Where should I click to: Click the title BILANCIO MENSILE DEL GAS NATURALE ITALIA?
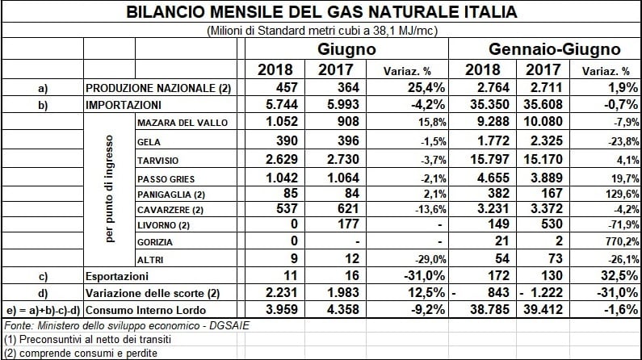321,11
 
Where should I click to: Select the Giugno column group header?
346,49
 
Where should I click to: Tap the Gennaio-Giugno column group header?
554,49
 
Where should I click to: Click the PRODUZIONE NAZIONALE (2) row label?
158,88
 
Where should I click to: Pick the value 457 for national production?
286,87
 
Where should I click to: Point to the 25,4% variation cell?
426,87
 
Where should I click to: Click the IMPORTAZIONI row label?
124,105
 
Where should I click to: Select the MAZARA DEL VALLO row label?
183,123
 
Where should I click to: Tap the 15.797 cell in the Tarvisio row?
489,159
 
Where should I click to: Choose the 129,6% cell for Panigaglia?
623,194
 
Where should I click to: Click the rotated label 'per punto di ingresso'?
109,189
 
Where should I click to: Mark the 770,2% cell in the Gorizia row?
623,241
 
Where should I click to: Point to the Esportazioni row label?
116,277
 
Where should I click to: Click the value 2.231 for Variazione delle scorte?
282,292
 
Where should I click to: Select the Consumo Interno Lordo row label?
145,310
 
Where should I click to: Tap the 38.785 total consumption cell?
489,309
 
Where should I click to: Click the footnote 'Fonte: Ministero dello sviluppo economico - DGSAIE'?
127,325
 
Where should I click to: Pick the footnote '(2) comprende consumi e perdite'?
81,353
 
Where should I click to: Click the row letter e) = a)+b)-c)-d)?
42,311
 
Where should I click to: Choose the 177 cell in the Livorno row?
347,224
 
